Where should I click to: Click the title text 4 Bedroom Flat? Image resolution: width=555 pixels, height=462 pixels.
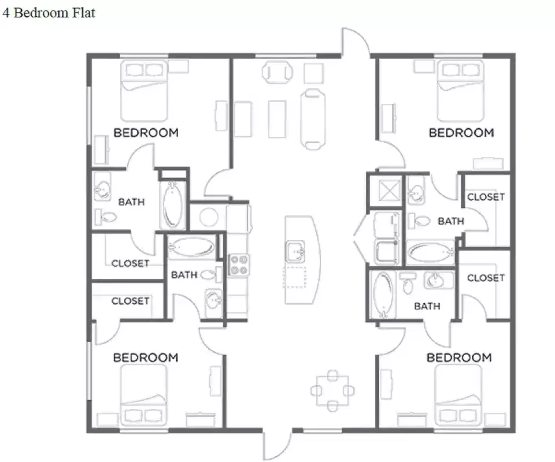[x=49, y=13]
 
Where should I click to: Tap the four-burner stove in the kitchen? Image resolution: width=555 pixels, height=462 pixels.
[x=239, y=264]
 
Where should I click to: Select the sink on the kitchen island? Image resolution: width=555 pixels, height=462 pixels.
[x=295, y=252]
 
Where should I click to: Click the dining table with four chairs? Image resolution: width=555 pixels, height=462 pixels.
[x=332, y=391]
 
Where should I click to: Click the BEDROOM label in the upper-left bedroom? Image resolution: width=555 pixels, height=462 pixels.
[x=146, y=133]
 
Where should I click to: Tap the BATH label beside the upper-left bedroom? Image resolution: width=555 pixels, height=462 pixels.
[x=131, y=202]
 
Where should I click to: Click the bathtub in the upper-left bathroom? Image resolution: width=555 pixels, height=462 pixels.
[x=173, y=205]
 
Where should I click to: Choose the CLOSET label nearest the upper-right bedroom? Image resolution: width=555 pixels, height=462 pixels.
[x=486, y=197]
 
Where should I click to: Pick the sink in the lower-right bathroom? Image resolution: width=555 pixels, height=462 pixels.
[x=438, y=280]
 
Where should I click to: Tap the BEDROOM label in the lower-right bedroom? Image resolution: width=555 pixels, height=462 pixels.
[x=459, y=358]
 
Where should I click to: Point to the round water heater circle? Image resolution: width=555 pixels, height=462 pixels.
[x=208, y=217]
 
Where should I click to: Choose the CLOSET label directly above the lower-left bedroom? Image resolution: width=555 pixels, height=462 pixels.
[x=130, y=301]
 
